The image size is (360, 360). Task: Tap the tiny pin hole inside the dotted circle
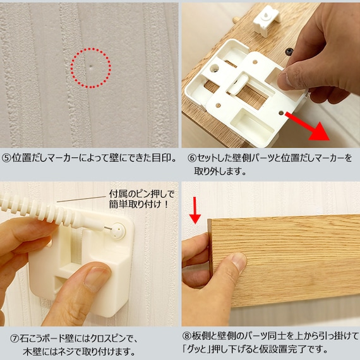(x=91, y=68)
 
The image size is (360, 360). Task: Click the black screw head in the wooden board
(x=289, y=51)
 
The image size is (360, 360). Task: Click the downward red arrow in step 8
(x=195, y=210)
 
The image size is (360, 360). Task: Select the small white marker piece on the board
(x=267, y=20)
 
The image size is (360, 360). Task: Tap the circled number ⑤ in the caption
(x=6, y=158)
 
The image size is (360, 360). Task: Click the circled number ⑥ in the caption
(x=192, y=158)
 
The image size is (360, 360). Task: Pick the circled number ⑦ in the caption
(x=15, y=339)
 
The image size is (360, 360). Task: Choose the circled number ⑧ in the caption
(x=187, y=336)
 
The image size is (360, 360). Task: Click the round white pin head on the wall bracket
(x=119, y=231)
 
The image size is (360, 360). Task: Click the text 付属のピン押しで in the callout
(x=141, y=194)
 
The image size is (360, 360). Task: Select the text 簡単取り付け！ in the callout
(x=140, y=205)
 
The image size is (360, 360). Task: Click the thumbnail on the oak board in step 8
(x=238, y=263)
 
